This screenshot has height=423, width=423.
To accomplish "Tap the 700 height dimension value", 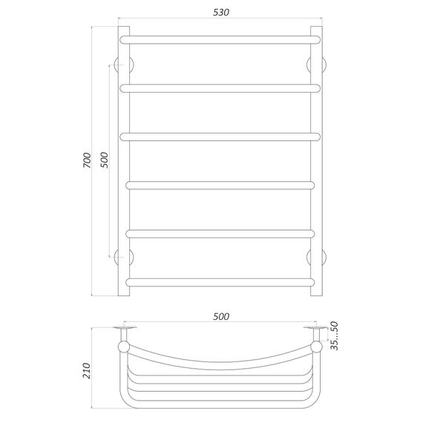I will pos(87,160).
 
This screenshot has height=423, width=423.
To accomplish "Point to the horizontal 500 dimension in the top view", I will pos(220,316).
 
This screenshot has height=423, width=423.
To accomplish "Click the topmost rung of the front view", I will pos(221,35).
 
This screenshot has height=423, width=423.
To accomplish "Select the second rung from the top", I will pos(221,88).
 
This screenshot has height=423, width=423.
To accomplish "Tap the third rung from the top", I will pos(221,136).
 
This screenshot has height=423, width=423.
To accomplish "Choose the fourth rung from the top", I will pos(221,184).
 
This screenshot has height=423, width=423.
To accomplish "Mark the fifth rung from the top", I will pos(221,233).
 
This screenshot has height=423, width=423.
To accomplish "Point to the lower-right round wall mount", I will pos(315,257).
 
